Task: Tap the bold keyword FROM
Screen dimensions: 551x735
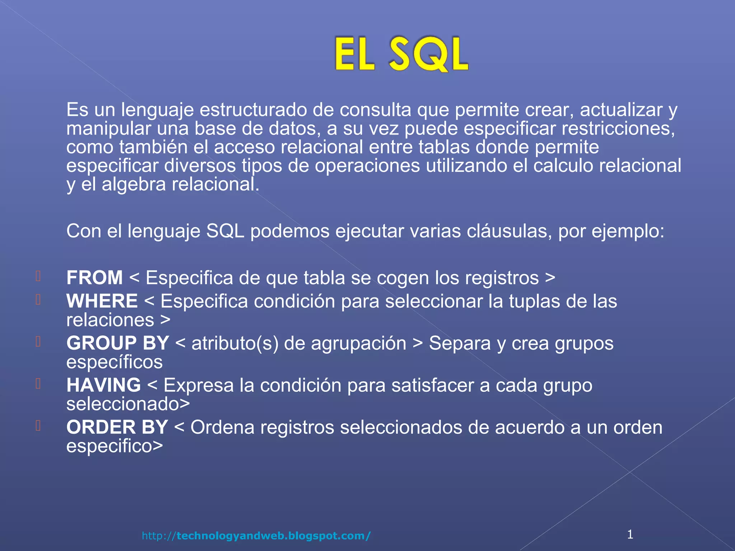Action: click(94, 278)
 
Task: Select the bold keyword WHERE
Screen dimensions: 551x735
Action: click(102, 301)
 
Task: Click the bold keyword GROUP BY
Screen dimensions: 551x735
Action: click(117, 343)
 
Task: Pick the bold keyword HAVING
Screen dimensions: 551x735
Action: click(103, 385)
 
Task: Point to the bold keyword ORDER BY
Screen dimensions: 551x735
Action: click(117, 427)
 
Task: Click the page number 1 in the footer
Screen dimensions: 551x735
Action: click(630, 534)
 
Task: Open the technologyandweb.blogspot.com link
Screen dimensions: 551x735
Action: click(256, 536)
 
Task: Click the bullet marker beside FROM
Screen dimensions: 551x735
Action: click(38, 276)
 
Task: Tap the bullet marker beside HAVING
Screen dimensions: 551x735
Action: click(38, 383)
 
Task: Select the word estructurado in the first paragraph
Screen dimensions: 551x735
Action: click(253, 110)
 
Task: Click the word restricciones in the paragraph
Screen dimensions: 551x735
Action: click(618, 128)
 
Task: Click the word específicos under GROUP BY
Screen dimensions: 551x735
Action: click(114, 362)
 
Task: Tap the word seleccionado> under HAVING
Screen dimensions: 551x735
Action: click(128, 404)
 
